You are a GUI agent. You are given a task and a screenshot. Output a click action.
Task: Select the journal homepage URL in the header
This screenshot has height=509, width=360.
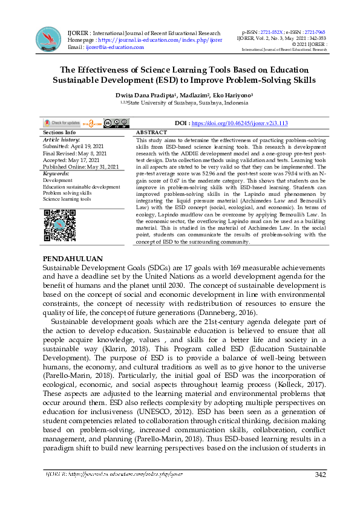pos(164,40)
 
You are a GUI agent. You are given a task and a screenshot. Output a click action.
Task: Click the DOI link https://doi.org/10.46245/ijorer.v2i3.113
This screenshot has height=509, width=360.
pos(240,123)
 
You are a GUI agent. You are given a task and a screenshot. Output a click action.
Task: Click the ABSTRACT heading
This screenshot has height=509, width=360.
pos(151,132)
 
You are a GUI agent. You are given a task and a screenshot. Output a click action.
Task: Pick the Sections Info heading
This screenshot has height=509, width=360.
pos(59,132)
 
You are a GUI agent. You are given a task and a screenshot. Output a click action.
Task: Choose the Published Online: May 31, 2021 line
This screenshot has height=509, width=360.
pos(81,166)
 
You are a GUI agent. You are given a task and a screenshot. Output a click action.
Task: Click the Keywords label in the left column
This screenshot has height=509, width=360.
pos(57,173)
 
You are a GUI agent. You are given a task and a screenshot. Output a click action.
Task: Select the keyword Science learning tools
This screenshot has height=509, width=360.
pos(67,199)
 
